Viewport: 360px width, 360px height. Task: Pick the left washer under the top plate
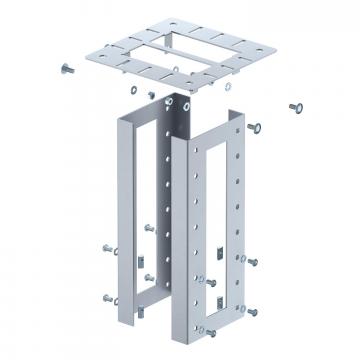click(x=148, y=93)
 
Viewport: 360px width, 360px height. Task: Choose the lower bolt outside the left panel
click(x=106, y=297)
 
